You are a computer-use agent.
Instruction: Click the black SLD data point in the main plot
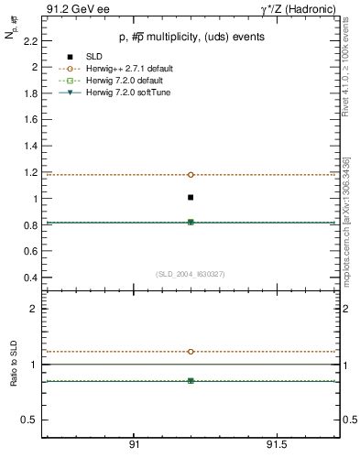(191, 197)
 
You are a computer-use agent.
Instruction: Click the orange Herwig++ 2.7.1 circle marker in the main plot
(191, 174)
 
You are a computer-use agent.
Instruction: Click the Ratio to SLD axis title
(12, 364)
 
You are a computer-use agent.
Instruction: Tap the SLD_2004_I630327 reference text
(191, 274)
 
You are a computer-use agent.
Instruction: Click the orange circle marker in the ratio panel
(191, 351)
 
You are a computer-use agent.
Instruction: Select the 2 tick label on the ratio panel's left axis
(33, 309)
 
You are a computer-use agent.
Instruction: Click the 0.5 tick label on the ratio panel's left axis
(30, 420)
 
